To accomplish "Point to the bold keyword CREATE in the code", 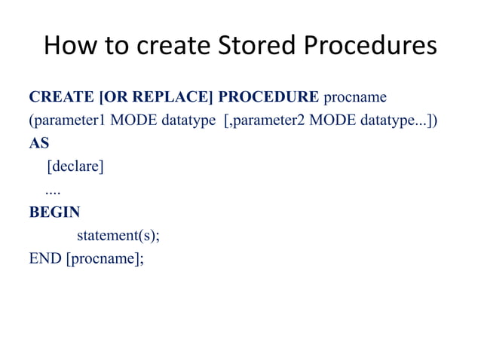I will [61, 97].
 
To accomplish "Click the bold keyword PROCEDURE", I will [268, 97].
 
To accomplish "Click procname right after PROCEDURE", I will [354, 97].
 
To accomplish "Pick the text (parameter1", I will [67, 121].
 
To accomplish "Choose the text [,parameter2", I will [262, 121].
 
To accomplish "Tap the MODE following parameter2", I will [329, 121].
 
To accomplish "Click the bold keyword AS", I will [39, 143].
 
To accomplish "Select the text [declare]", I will [75, 166].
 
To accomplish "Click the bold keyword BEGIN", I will [54, 212].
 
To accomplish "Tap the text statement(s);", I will [118, 236].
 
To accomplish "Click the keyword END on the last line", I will [45, 258].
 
